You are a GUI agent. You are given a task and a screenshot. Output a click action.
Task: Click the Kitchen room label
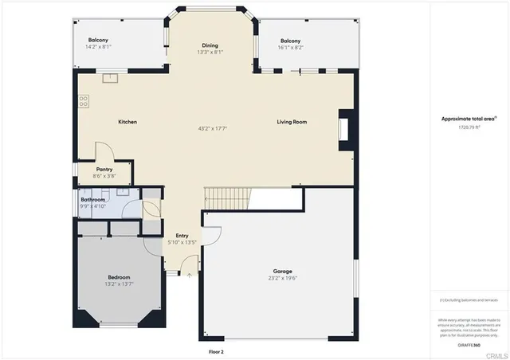click(127, 122)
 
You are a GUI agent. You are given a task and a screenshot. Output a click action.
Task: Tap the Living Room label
click(292, 122)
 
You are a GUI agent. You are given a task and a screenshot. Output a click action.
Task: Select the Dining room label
click(210, 45)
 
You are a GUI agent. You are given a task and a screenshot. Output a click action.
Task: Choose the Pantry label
click(104, 170)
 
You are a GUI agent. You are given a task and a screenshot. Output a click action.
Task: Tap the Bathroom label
click(93, 199)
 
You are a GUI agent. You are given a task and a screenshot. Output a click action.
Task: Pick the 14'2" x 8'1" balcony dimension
click(99, 46)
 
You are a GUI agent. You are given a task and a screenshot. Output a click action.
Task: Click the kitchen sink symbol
click(109, 78)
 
